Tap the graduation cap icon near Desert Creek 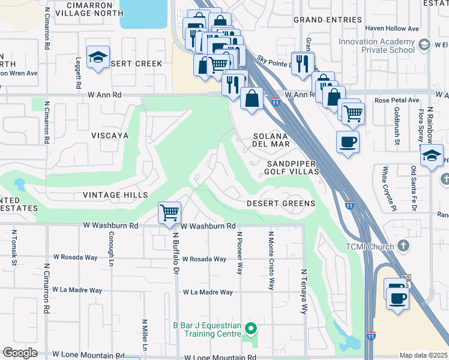(98, 57)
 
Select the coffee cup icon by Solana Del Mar (348, 142)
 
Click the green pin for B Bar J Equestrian (252, 328)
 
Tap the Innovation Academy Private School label (377, 46)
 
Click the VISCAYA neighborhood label (110, 136)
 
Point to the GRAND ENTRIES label (328, 20)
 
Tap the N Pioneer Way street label (240, 253)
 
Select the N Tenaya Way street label (304, 292)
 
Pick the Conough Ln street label (111, 249)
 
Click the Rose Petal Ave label (397, 100)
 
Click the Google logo (20, 353)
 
